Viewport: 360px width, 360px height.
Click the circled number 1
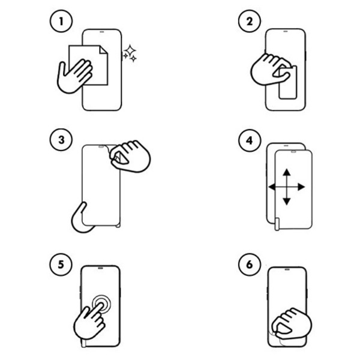pyautogui.click(x=61, y=21)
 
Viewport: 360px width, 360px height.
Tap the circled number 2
pyautogui.click(x=250, y=21)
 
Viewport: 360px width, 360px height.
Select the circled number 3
pyautogui.click(x=61, y=140)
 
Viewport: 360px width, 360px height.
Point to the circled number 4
pyautogui.click(x=250, y=140)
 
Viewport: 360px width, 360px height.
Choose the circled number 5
pyautogui.click(x=61, y=264)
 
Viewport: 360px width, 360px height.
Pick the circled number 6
pyautogui.click(x=250, y=264)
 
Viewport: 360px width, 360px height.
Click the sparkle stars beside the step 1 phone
pyautogui.click(x=130, y=53)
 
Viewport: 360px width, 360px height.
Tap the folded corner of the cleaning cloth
pyautogui.click(x=103, y=50)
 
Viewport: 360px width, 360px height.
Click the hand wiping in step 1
pyautogui.click(x=74, y=76)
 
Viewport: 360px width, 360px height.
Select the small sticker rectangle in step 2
pyautogui.click(x=287, y=83)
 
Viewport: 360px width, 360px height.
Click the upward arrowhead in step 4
pyautogui.click(x=287, y=172)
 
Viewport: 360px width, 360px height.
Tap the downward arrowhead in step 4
pyautogui.click(x=287, y=202)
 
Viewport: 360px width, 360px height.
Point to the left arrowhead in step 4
pyautogui.click(x=272, y=187)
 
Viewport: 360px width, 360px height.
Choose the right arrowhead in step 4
pyautogui.click(x=301, y=187)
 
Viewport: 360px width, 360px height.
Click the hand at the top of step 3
pyautogui.click(x=130, y=156)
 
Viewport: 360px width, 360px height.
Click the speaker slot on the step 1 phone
pyautogui.click(x=102, y=32)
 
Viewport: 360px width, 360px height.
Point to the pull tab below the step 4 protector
pyautogui.click(x=277, y=224)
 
